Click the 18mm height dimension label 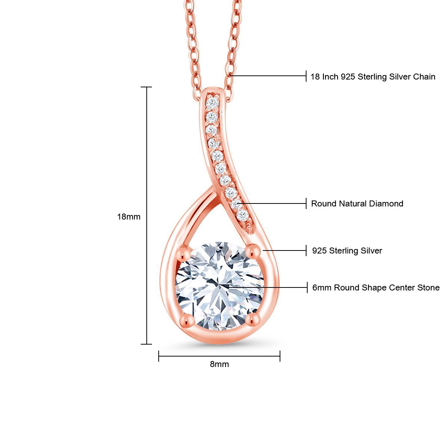point(129,217)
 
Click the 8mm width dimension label point(219,364)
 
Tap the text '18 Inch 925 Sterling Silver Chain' point(373,77)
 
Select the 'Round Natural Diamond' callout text point(357,203)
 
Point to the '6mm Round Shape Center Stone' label point(376,287)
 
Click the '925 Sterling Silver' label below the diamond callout point(347,251)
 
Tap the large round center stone point(220,286)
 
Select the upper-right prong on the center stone point(254,251)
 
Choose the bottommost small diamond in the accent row point(242,215)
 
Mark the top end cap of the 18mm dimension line point(146,87)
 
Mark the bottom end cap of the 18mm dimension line point(146,344)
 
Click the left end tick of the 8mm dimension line point(159,356)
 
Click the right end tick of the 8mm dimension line point(280,356)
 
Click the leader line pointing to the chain point(269,76)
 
